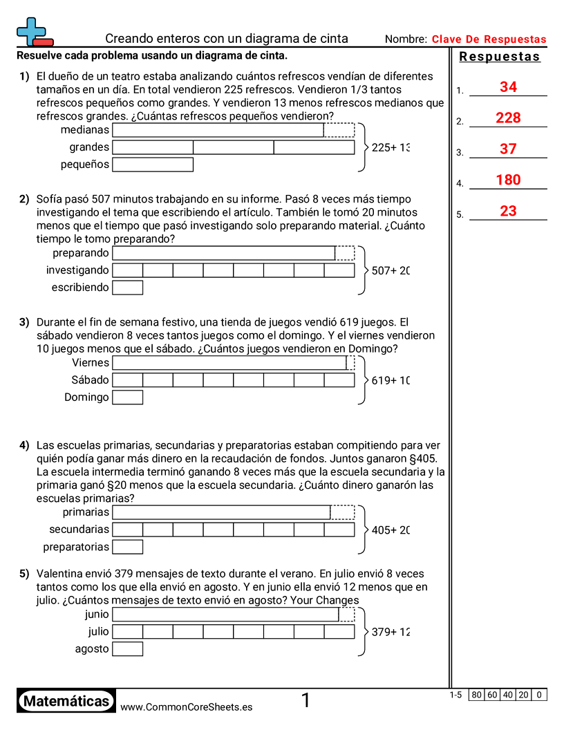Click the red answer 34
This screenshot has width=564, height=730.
[508, 87]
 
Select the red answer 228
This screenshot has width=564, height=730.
[508, 118]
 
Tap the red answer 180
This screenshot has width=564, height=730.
[508, 180]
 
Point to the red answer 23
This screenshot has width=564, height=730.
[508, 212]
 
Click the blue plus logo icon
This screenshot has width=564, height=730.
[33, 31]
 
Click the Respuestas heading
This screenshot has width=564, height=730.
[500, 57]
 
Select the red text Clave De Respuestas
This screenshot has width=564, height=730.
[489, 39]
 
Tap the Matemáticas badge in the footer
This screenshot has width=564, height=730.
[66, 701]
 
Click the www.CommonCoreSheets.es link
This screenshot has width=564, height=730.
[186, 706]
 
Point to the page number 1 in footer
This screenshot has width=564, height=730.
[305, 701]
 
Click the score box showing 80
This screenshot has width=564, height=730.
[476, 695]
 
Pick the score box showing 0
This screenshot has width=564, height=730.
[539, 695]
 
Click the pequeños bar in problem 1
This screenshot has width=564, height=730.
[153, 165]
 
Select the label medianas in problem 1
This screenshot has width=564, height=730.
[85, 129]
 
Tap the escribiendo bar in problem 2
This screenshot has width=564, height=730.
[128, 288]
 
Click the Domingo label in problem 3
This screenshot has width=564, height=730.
[86, 397]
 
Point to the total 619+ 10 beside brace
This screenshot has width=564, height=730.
[391, 380]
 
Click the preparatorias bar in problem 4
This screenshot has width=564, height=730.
[128, 547]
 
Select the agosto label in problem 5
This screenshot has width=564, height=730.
[92, 649]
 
